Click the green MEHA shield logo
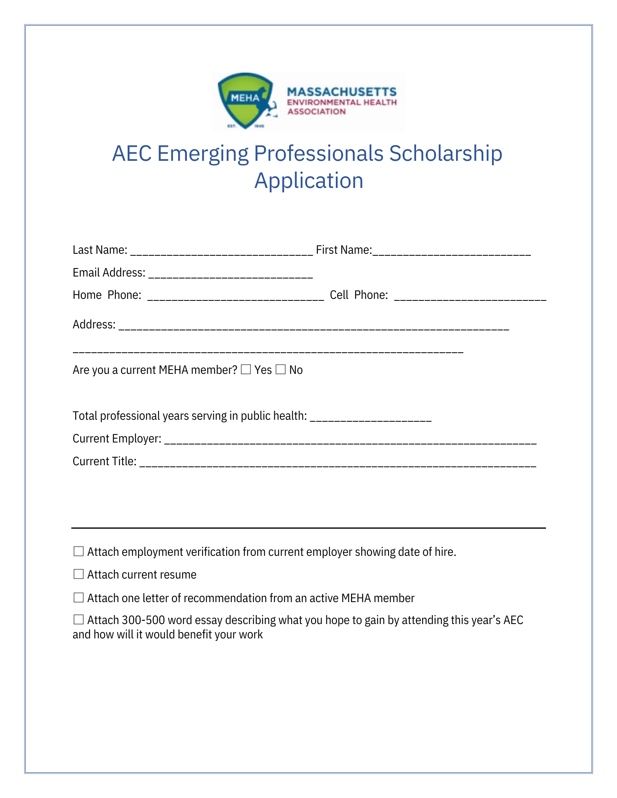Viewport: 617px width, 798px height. click(245, 100)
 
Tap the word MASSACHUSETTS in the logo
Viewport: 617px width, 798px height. click(341, 92)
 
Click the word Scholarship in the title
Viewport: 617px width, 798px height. click(445, 154)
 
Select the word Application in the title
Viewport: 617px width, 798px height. click(309, 181)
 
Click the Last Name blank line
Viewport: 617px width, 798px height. click(222, 251)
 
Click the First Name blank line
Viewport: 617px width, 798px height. click(451, 251)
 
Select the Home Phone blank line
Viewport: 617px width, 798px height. click(236, 296)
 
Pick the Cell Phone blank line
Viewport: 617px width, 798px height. click(470, 296)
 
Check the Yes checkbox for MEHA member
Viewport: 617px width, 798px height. click(246, 370)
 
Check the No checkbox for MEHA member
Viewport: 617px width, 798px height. click(281, 370)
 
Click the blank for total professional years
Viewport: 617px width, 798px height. click(371, 417)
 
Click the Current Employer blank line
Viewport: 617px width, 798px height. click(350, 440)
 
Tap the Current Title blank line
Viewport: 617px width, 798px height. click(337, 463)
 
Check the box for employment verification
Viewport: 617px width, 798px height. click(79, 551)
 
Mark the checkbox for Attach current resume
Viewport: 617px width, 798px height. click(79, 574)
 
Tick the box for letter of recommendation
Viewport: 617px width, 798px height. click(79, 597)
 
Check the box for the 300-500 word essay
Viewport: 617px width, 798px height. click(79, 620)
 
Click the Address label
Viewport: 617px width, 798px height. click(94, 324)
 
